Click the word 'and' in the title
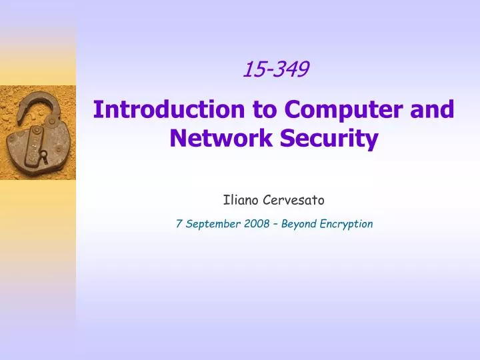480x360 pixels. (x=433, y=109)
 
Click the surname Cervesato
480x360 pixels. (x=291, y=198)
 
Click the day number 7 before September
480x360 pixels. (x=179, y=224)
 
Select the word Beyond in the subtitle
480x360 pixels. (x=298, y=224)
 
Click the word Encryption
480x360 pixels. (x=345, y=224)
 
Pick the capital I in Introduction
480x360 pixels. (x=97, y=109)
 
